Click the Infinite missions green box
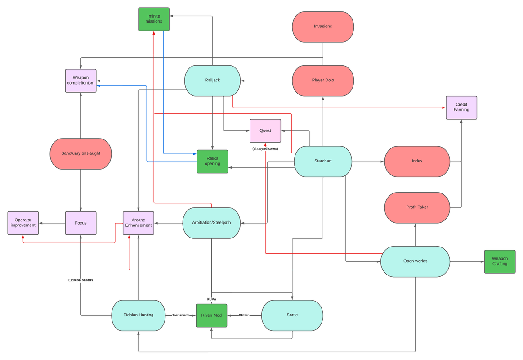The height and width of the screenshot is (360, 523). point(154,19)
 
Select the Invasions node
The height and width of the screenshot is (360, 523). point(323,27)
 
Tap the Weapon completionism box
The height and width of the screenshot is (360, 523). point(81,81)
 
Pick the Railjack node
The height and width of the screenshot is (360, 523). point(212,81)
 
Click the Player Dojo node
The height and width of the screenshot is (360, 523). point(323,81)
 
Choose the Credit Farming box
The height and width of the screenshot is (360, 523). point(461,108)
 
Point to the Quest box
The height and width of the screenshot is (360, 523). point(265,130)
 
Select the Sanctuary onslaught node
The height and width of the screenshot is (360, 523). point(81,153)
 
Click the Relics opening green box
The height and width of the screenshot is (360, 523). point(212,161)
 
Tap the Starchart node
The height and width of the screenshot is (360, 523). point(323,161)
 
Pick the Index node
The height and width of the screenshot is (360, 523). point(417,161)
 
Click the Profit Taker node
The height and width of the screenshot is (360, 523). point(417,207)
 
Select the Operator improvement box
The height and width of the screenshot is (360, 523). point(23,223)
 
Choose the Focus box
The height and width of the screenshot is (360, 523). point(81,223)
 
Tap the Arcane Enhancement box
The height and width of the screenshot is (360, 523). point(139,223)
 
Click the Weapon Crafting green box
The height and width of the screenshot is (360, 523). point(500,261)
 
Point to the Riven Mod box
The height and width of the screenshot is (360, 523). point(211,315)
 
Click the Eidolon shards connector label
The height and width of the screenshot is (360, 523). point(81,280)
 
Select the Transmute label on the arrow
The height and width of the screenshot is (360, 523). point(181,315)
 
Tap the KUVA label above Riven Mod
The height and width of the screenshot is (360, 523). point(211,299)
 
